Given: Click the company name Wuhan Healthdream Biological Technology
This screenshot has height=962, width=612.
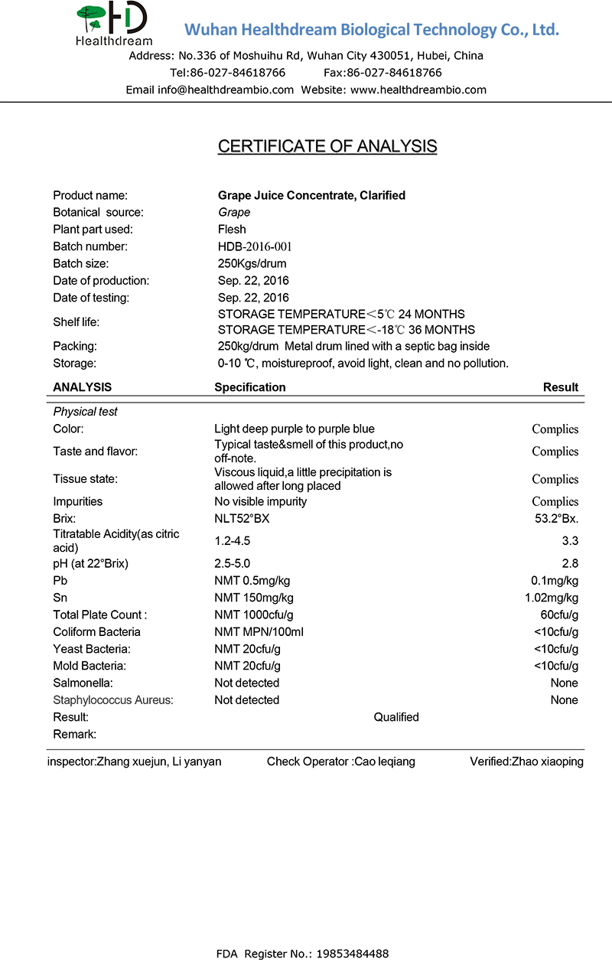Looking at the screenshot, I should coord(372,30).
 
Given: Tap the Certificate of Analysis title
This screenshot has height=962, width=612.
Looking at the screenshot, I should coord(327,146).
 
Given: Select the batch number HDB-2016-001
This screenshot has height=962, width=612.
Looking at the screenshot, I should coord(255,246).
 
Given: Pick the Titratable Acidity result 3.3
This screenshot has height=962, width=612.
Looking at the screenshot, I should coord(570,541).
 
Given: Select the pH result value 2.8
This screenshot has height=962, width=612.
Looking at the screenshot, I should coord(570,564).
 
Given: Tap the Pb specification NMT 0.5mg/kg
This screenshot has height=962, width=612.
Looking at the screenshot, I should coord(253,581).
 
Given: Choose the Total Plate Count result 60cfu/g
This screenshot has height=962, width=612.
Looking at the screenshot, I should coord(559,615).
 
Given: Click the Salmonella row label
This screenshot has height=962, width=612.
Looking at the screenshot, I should coord(83,683).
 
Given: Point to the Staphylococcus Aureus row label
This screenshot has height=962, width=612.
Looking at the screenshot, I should coord(113,699).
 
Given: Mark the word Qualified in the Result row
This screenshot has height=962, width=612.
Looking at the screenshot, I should coord(396,717).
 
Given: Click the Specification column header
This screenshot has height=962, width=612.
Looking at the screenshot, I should coord(250,387).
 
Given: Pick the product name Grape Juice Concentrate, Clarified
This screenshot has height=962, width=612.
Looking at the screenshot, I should coord(311,195).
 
